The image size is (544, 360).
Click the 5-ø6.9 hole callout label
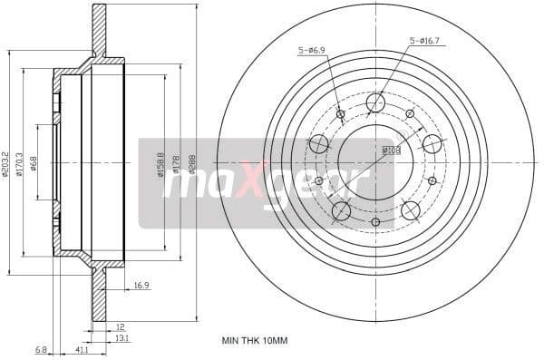pos(311,52)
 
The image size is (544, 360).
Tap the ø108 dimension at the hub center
pos(391,150)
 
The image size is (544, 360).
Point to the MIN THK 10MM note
pos(255,341)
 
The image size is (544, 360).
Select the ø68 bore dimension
pos(34,163)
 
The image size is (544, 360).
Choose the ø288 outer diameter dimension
pos(192,163)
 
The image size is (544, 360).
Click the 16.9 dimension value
pos(141,286)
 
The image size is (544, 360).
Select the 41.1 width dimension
pos(83,348)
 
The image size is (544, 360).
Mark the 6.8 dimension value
pos(42,348)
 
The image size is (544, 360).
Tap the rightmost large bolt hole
pos(432,144)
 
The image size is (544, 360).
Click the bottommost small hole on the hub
pos(375,221)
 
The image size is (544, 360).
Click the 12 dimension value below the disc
pos(119,326)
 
